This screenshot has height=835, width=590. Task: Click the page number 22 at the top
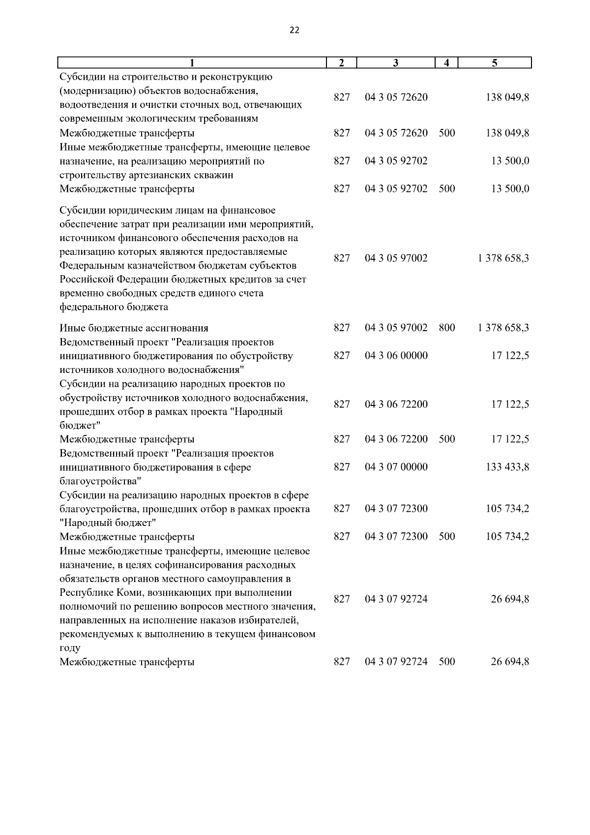[294, 30]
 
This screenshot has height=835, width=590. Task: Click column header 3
[396, 62]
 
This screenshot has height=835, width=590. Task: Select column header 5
[495, 62]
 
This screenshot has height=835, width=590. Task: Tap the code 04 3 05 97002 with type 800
[396, 328]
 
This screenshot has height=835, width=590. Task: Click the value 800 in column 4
[446, 328]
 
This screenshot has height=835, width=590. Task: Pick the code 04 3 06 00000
[396, 356]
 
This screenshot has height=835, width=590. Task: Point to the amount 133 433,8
[507, 467]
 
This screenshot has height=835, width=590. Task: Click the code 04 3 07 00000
[396, 467]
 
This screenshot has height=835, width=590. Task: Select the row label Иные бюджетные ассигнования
[134, 328]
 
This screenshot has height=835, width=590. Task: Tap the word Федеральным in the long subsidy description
[92, 266]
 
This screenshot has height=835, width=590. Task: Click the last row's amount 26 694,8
[510, 662]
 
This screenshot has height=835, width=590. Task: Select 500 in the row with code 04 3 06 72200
[446, 439]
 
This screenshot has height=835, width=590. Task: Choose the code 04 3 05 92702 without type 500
[396, 161]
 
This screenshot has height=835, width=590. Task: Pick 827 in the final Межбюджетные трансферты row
[342, 662]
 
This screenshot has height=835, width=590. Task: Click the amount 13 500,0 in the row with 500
[510, 189]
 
